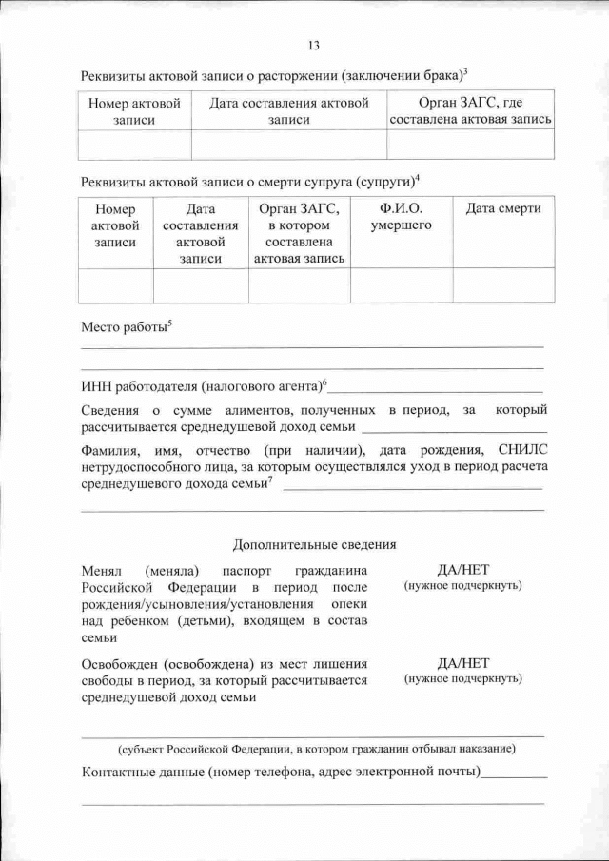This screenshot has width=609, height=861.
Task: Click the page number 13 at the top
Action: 314,45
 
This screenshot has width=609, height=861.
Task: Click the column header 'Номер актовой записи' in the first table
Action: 134,111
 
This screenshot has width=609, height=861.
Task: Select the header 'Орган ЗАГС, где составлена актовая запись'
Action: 470,111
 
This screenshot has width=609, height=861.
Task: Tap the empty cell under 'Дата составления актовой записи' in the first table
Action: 288,144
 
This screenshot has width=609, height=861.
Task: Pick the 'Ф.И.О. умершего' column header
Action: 401,217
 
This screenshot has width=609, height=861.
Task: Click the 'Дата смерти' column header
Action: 502,208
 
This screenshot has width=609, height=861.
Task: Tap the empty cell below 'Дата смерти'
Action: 502,284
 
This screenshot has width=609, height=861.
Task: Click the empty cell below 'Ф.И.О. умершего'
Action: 401,284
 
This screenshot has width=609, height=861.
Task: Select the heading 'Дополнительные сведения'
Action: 314,545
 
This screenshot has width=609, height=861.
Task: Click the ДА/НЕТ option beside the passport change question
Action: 462,570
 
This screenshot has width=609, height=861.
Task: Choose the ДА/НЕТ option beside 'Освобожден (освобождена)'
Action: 462,663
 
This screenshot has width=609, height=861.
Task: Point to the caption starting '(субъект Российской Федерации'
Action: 314,748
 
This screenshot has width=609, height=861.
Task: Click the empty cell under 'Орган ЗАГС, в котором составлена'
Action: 299,284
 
